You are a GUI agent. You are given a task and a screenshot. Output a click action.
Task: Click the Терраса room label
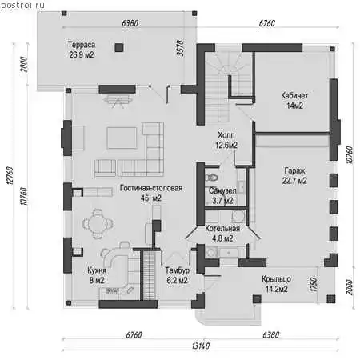click(x=82, y=45)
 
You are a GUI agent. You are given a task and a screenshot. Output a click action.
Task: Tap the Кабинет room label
click(x=294, y=95)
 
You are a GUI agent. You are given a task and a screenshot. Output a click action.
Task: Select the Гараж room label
click(x=294, y=170)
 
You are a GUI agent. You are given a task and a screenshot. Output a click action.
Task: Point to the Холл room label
click(x=226, y=135)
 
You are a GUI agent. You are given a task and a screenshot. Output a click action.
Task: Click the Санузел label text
click(x=222, y=190)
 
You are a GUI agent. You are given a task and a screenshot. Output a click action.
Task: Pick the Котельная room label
click(x=222, y=229)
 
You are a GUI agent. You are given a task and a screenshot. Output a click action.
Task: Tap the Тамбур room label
click(x=178, y=270)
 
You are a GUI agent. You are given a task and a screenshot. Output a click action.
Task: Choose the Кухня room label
click(x=97, y=270)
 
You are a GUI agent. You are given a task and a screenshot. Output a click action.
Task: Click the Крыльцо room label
click(x=276, y=279)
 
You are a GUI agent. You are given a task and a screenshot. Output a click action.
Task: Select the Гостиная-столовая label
click(x=151, y=188)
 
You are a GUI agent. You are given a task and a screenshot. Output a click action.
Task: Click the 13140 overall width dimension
click(x=201, y=346)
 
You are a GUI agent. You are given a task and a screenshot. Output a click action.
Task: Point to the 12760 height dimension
click(x=10, y=176)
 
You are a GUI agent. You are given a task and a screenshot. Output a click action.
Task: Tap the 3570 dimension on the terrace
click(x=181, y=48)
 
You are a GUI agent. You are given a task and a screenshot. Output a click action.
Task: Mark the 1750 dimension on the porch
click(x=314, y=285)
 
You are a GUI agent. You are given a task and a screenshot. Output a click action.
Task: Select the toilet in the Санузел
click(x=211, y=178)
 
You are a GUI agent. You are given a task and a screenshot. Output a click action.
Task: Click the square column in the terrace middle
click(x=119, y=48)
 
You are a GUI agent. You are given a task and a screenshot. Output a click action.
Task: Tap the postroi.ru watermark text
click(x=22, y=5)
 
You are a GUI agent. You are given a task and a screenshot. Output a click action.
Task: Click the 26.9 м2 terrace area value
click(x=82, y=55)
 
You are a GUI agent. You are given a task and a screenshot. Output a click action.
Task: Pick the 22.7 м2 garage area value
click(x=294, y=181)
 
